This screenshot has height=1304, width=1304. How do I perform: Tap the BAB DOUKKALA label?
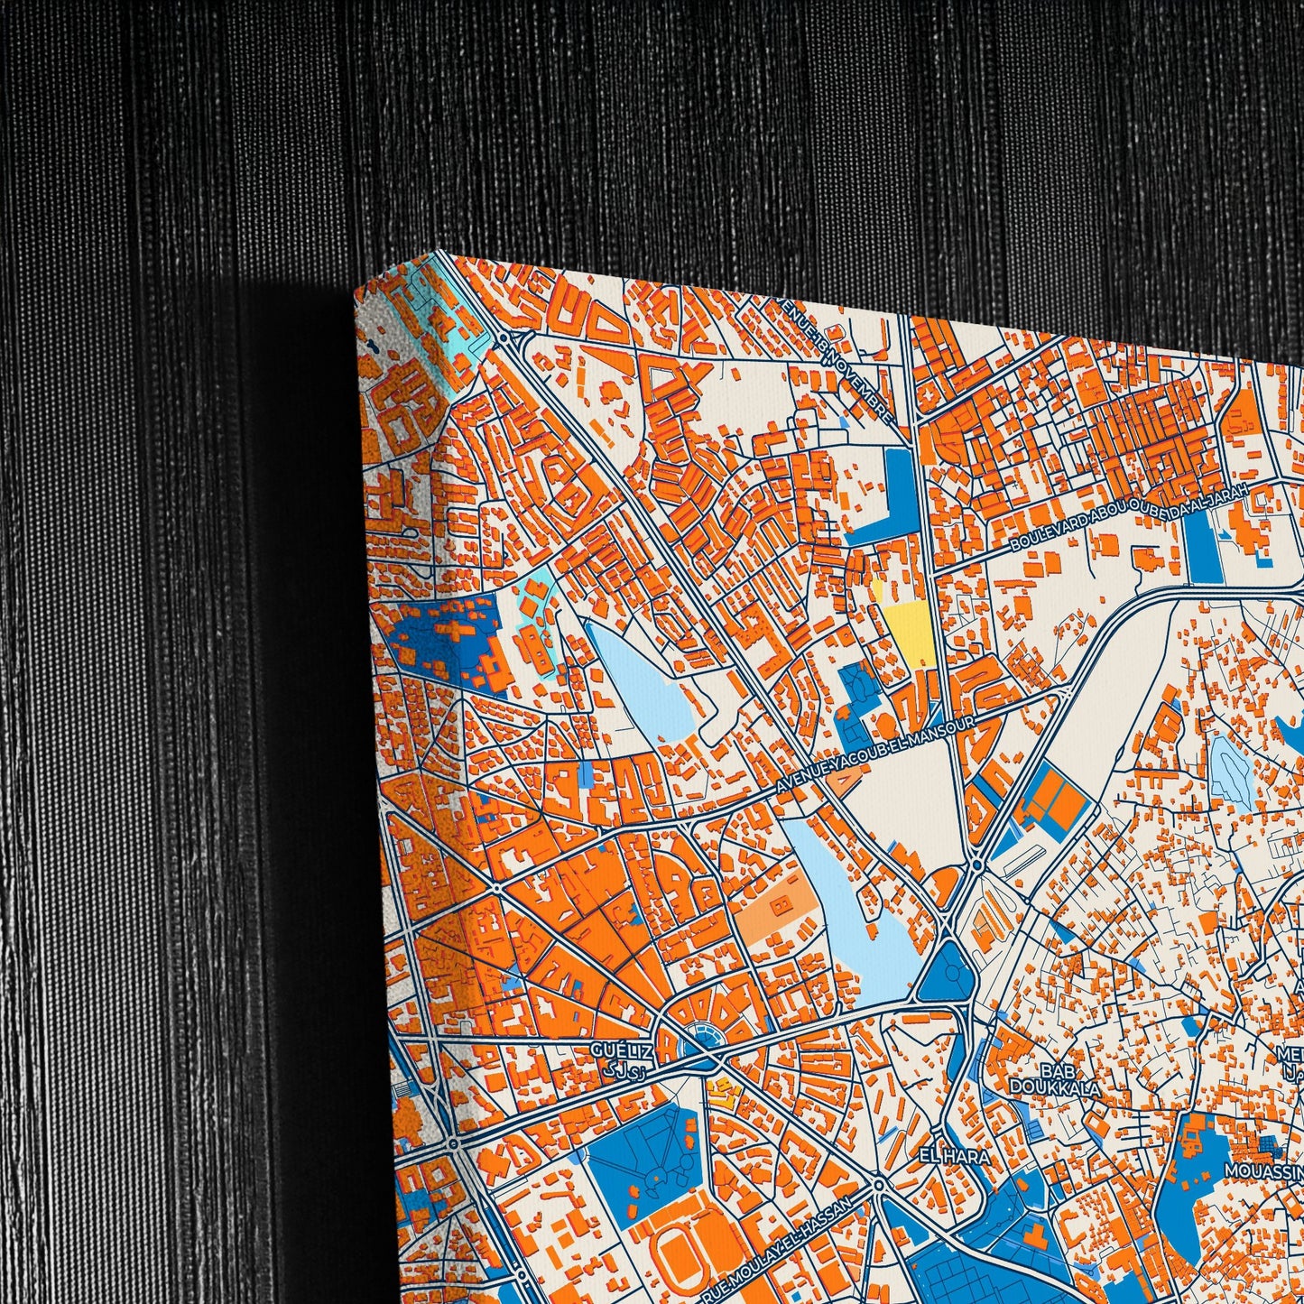point(1069,1080)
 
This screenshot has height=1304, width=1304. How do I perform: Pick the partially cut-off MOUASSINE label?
point(1263,1170)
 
